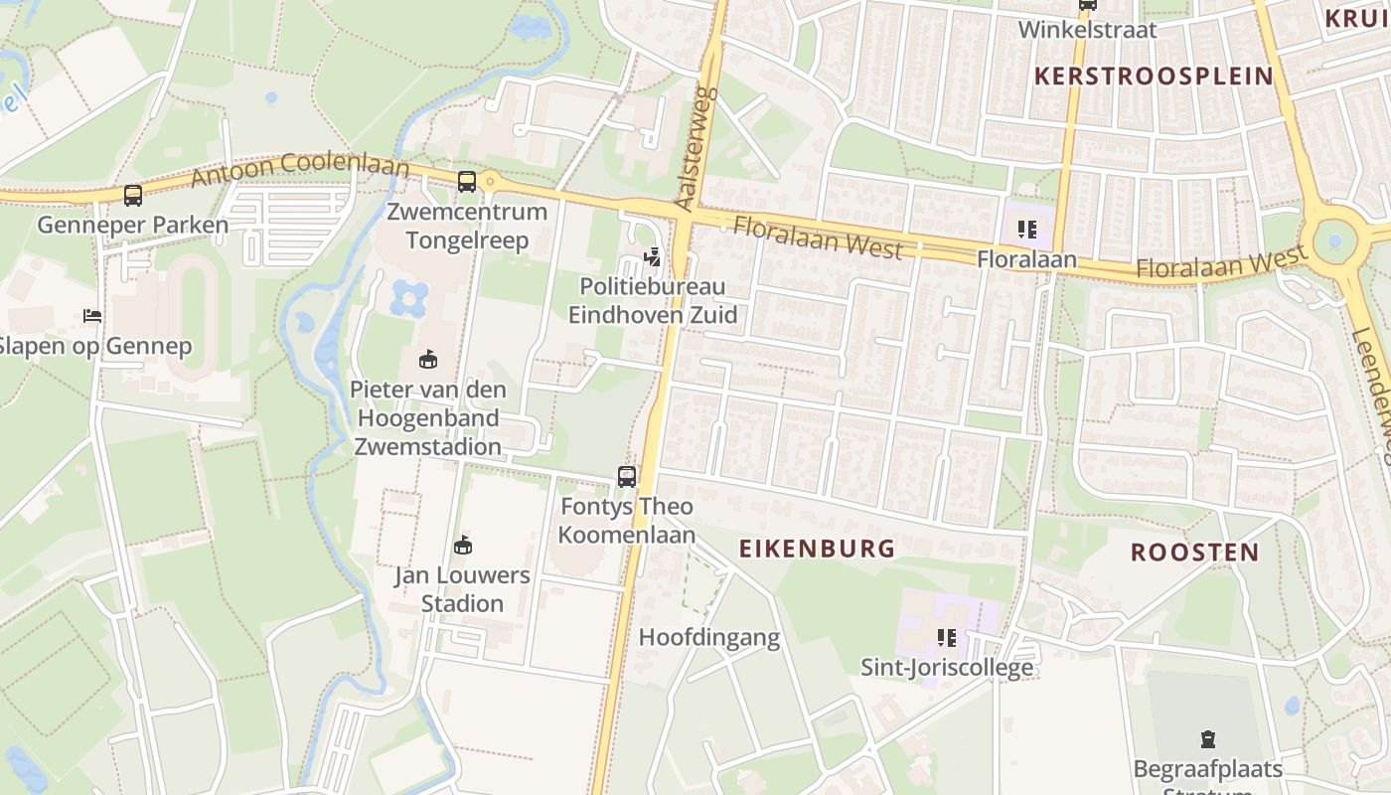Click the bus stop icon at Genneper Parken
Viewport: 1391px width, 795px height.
(132, 196)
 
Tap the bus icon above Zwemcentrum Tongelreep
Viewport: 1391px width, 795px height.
(467, 182)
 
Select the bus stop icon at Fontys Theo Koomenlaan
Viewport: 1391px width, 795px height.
(627, 477)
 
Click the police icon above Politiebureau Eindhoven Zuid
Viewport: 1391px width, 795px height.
(653, 257)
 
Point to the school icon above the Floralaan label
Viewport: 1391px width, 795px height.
(1026, 231)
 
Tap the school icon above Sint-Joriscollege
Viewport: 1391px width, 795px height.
(946, 638)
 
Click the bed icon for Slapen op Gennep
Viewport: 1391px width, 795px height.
(92, 316)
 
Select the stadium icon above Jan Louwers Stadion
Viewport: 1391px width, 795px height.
(462, 545)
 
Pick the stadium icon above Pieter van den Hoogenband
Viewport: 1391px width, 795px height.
(428, 359)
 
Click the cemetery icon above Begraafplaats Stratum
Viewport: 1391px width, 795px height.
(1207, 739)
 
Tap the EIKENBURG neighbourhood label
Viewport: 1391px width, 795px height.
(817, 549)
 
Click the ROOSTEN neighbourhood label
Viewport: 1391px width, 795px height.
(1194, 553)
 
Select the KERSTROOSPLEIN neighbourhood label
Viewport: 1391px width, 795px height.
(1154, 77)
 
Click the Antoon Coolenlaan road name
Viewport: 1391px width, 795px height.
(300, 168)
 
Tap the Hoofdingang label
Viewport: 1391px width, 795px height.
(708, 638)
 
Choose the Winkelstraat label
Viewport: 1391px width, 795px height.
(1087, 30)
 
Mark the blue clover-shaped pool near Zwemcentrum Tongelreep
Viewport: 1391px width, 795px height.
(409, 297)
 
